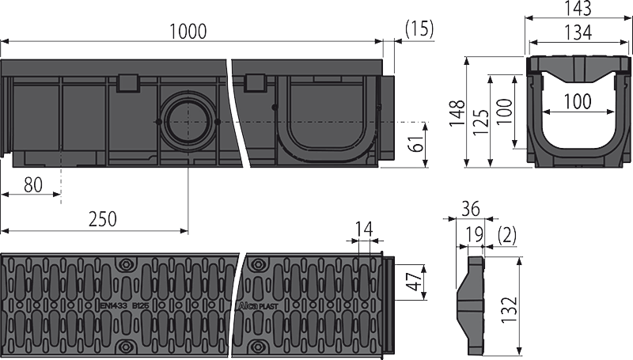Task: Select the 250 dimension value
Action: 100,219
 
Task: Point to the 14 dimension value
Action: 364,231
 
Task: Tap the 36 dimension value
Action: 471,209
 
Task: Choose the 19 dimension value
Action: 476,233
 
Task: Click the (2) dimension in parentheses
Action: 506,233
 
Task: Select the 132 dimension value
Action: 512,304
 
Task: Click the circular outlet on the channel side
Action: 188,120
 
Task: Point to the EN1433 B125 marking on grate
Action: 123,301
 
